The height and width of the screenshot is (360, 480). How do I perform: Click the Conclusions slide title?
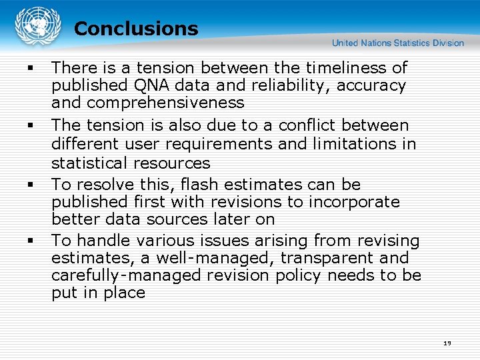(x=136, y=29)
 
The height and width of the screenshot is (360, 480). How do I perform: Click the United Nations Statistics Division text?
(x=398, y=43)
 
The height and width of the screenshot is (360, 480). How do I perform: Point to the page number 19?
(x=447, y=343)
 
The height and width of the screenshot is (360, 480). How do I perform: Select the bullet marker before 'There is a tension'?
(x=31, y=68)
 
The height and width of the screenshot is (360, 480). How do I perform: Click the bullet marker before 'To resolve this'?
(x=31, y=185)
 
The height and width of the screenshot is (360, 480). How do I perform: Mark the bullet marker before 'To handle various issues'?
(x=31, y=241)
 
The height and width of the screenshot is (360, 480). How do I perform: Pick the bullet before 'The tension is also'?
(x=31, y=125)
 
